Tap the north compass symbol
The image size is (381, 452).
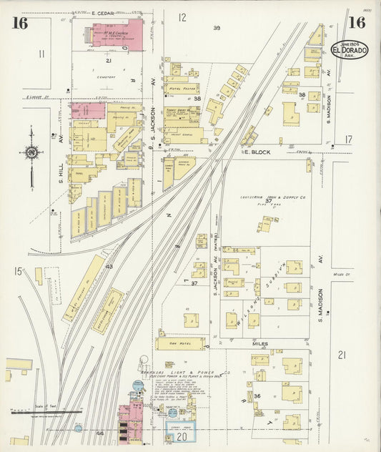(x=31, y=152)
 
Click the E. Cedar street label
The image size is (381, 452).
(x=104, y=13)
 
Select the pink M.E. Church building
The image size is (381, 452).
(x=114, y=34)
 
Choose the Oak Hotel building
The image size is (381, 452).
(x=181, y=343)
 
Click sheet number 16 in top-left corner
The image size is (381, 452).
(x=19, y=23)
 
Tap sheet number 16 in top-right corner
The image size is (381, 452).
(x=355, y=23)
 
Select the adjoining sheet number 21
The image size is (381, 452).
(x=342, y=355)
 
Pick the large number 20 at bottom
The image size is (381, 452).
(x=182, y=436)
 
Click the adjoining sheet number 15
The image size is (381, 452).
(x=18, y=271)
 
